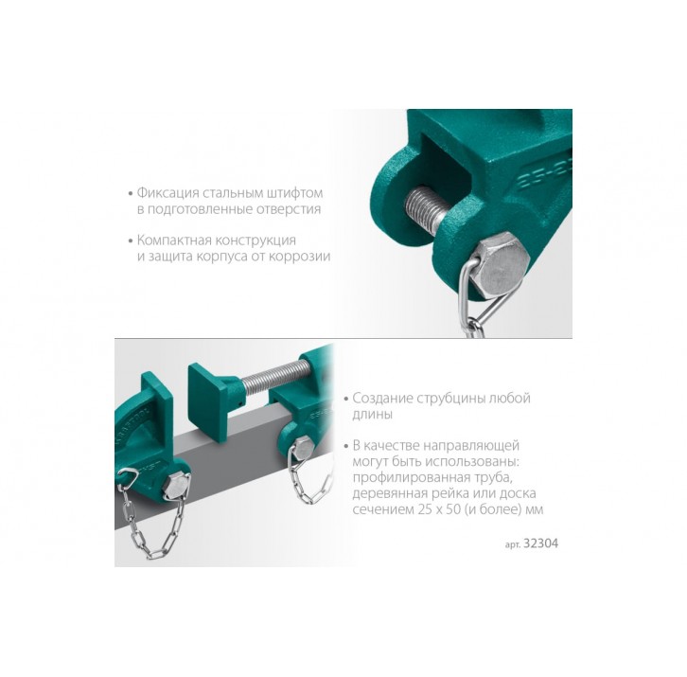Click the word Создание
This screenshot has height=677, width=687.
pyautogui.click(x=378, y=398)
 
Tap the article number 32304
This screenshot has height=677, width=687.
pyautogui.click(x=541, y=543)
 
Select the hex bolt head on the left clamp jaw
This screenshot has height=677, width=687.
pyautogui.click(x=177, y=487)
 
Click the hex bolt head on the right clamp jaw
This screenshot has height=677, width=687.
pyautogui.click(x=302, y=448)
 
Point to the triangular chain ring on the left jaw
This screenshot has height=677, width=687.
pyautogui.click(x=128, y=477)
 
